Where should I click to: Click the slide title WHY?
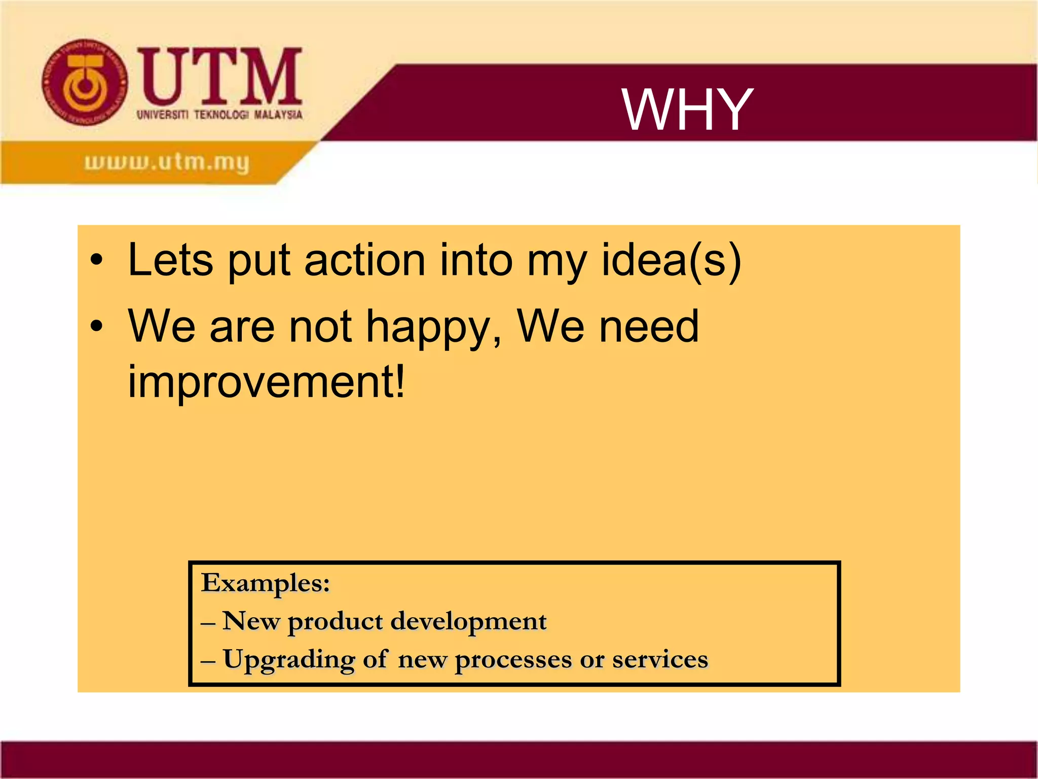(x=687, y=110)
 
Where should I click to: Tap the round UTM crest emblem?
(x=85, y=83)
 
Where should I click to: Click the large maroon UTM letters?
(x=220, y=76)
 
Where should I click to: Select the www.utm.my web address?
(x=167, y=162)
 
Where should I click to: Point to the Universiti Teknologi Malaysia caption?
(x=219, y=115)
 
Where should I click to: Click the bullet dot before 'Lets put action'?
(x=96, y=261)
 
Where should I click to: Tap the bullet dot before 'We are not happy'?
(x=96, y=327)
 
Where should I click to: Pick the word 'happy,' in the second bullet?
(x=434, y=327)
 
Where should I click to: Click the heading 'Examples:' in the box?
(x=266, y=583)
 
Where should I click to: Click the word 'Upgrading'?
(x=289, y=660)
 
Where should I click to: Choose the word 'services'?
(x=660, y=660)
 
